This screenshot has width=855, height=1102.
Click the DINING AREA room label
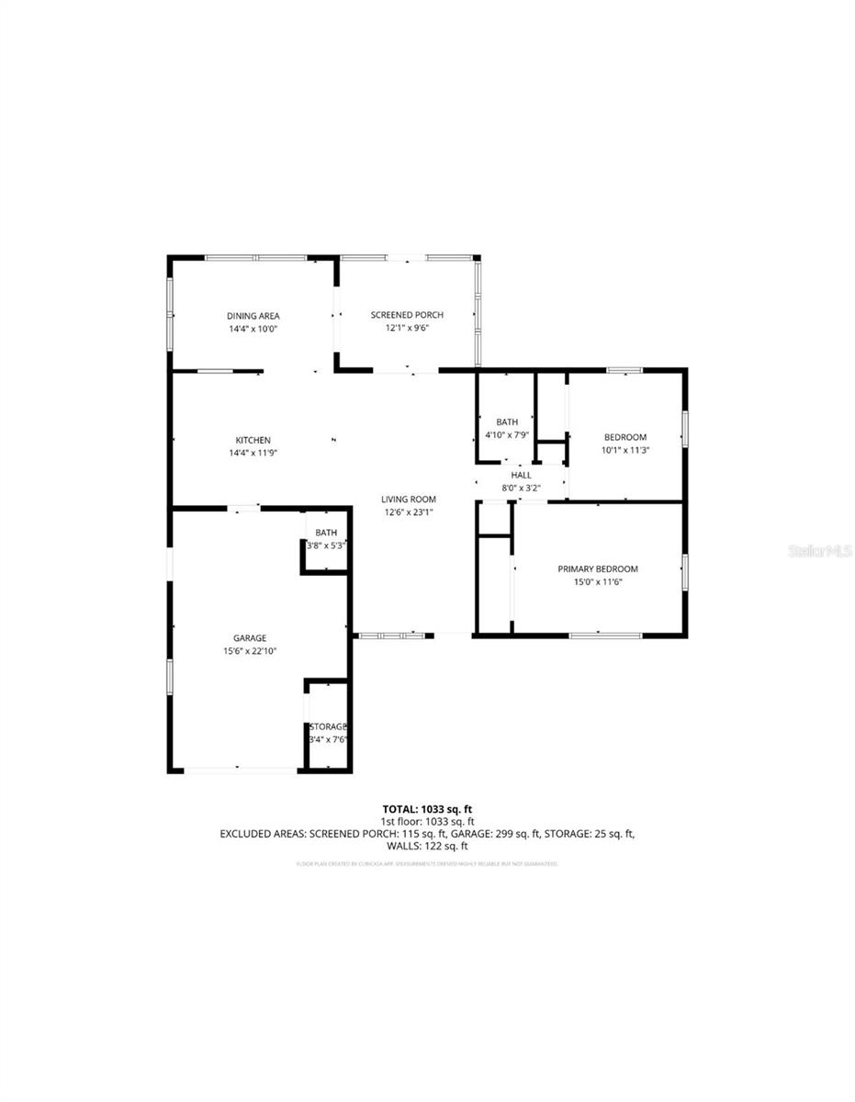point(253,316)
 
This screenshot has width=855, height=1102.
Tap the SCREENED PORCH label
point(407,315)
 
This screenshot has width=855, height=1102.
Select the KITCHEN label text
point(253,440)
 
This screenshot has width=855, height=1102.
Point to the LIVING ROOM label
point(409,500)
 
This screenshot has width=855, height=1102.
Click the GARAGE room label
point(249,637)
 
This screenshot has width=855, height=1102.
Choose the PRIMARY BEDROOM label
point(598,569)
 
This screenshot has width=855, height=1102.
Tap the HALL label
point(521,475)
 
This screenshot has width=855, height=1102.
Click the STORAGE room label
point(328,726)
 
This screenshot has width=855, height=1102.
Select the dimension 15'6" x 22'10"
point(250,651)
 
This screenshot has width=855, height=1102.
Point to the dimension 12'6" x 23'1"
point(409,512)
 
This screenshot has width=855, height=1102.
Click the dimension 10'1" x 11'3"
point(624,450)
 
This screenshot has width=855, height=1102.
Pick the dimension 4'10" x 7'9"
point(507,434)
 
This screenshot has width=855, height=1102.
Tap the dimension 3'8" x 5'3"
point(326,545)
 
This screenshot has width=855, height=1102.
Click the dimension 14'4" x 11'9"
point(253,453)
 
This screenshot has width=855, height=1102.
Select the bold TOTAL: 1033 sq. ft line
point(427,809)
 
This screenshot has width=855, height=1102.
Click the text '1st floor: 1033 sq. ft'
point(427,821)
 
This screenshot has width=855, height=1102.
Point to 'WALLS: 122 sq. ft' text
point(427,846)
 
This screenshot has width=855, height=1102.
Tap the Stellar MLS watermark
point(818,551)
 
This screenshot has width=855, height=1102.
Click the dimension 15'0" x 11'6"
point(598,582)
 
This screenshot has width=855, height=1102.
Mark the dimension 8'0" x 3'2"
point(521,488)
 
